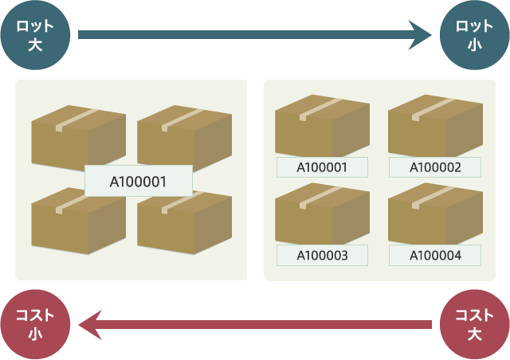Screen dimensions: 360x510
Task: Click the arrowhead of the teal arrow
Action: click(420, 35)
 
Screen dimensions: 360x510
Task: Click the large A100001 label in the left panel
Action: click(138, 181)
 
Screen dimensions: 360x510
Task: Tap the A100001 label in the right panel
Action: click(322, 167)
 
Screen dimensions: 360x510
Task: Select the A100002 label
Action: click(435, 167)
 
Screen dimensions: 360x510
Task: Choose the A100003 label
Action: click(322, 255)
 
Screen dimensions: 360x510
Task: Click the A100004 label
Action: click(435, 255)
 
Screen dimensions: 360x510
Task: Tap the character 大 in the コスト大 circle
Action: click(474, 335)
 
